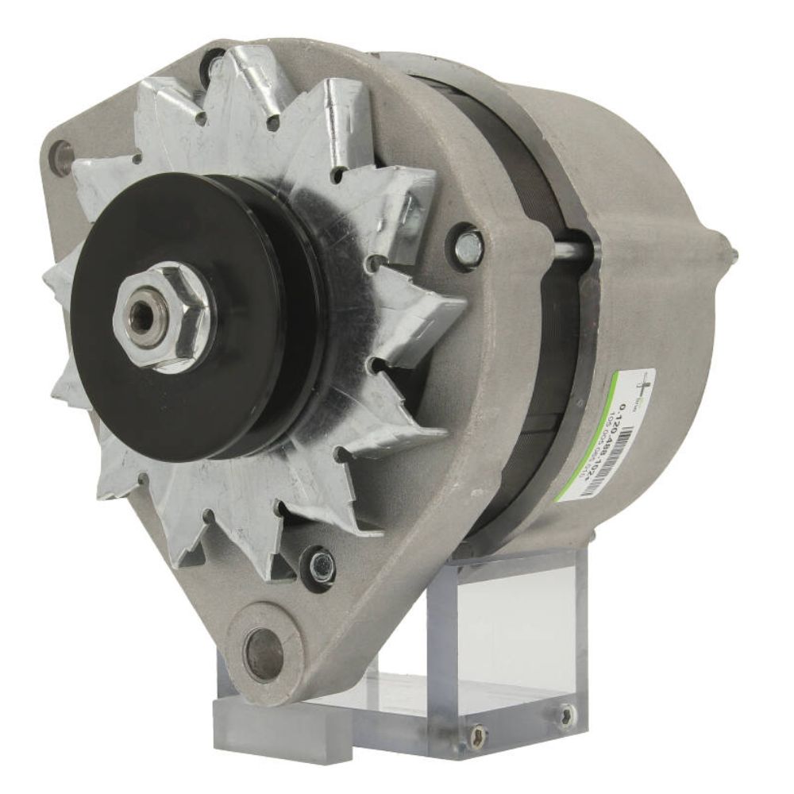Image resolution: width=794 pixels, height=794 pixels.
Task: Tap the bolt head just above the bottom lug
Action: click(322, 563)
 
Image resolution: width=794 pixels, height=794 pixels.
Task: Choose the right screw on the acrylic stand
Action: click(565, 709)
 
